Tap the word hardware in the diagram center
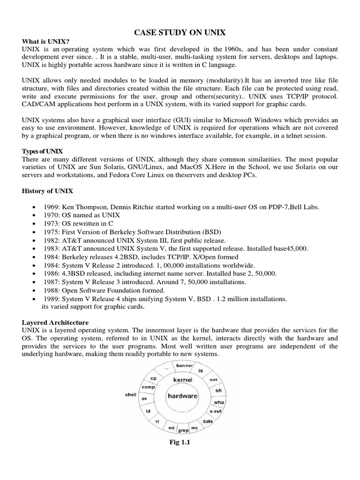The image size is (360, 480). pos(183,396)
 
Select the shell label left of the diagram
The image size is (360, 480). pos(130,395)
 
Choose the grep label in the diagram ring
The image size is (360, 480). pos(183,429)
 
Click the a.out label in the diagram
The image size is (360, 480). pos(216,411)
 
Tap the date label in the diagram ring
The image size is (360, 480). pos(208,421)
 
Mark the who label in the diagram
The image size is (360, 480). pos(219,402)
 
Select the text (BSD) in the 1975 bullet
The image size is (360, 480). pos(213,232)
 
